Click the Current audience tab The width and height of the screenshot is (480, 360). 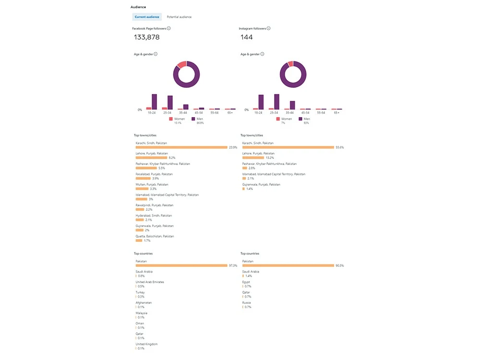147,17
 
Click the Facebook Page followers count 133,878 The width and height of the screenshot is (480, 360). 147,37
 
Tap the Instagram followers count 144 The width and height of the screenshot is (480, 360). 247,37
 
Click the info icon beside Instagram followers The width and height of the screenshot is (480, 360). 269,28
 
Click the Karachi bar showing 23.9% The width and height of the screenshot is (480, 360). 181,147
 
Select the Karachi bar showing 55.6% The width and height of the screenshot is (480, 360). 288,147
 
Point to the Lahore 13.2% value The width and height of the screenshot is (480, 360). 270,157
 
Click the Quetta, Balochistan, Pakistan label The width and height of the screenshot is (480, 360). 155,236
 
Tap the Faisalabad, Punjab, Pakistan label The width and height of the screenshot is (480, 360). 154,174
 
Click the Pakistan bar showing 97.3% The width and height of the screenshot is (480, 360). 181,265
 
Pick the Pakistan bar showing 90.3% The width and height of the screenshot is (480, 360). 288,265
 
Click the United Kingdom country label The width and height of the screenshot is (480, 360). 146,344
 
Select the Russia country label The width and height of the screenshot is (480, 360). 246,303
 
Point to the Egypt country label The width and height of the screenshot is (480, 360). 246,282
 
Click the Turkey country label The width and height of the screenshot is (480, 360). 140,292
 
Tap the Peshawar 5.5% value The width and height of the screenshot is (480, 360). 162,168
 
